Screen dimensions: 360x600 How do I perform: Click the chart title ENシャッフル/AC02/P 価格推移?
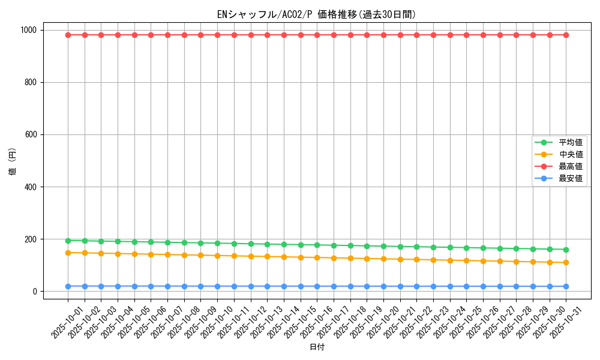(316, 14)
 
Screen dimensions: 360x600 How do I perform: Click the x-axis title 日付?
(316, 347)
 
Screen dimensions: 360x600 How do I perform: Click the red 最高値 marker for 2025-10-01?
(68, 35)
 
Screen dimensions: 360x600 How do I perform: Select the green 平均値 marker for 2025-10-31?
(566, 250)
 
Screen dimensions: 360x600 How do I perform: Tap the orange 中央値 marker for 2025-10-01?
(68, 253)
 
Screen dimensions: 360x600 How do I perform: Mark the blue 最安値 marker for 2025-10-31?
(566, 286)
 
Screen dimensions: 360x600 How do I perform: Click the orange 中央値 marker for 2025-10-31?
(566, 262)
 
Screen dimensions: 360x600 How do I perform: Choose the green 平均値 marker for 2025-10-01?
(68, 241)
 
